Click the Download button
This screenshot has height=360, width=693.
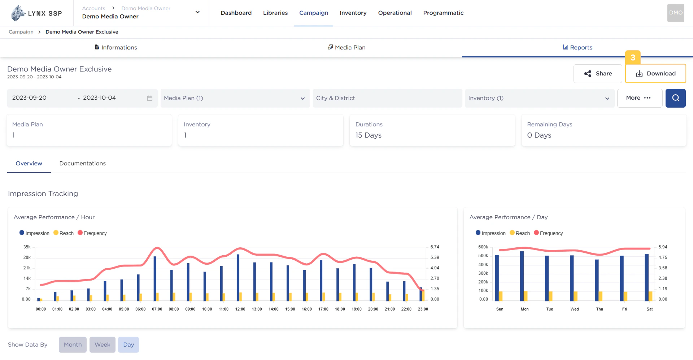(655, 74)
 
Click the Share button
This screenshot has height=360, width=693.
(598, 74)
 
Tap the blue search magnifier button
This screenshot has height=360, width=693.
(675, 98)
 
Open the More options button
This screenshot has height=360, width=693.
(639, 98)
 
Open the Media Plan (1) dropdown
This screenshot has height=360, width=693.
(235, 98)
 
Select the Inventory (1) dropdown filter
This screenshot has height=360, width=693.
(539, 98)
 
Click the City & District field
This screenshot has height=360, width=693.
(387, 98)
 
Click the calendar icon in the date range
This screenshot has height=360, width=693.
(150, 98)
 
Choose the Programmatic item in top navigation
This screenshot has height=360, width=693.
(443, 13)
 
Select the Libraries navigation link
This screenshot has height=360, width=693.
(275, 13)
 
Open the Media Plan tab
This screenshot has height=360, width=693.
(346, 48)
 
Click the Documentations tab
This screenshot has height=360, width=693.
(82, 164)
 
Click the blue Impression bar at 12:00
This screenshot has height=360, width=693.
(238, 277)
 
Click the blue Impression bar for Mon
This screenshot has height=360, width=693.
(522, 276)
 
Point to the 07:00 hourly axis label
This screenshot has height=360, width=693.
(157, 309)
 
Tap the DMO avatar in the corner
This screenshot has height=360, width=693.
(675, 13)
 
